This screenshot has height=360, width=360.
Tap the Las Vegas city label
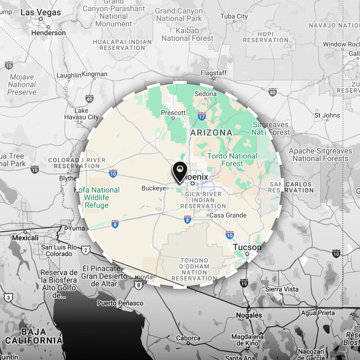(40, 12)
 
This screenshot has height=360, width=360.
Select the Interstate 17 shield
(202, 117)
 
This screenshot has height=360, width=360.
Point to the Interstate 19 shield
(244, 283)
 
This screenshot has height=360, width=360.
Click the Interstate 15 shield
(9, 66)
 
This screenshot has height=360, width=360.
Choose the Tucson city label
(247, 247)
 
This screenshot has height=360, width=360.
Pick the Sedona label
(205, 94)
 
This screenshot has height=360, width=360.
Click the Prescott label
(173, 112)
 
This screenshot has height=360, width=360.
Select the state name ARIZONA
(211, 133)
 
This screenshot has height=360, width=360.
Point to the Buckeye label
(153, 188)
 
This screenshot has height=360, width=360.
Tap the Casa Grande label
(228, 215)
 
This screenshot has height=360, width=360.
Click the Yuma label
(76, 228)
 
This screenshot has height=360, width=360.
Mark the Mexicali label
(25, 237)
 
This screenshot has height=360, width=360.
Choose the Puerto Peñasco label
(120, 303)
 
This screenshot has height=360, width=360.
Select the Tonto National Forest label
(232, 160)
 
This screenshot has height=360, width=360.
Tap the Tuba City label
(234, 17)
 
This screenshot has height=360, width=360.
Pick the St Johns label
(327, 115)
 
